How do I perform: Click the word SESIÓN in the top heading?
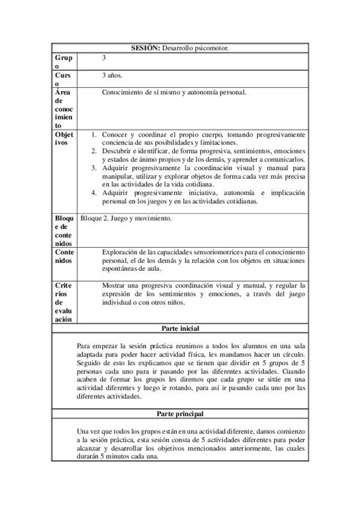pyautogui.click(x=145, y=48)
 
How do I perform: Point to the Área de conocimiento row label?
pyautogui.click(x=63, y=109)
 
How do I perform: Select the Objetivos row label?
pyautogui.click(x=64, y=138)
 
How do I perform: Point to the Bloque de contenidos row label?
pyautogui.click(x=63, y=231)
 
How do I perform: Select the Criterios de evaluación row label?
pyautogui.click(x=64, y=302)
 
